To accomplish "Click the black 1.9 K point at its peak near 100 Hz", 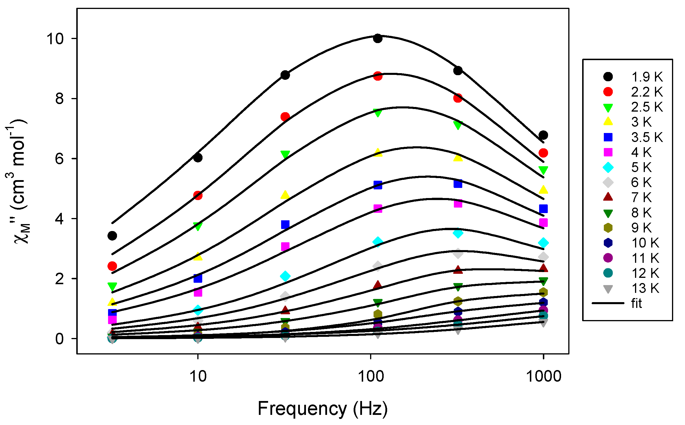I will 378,38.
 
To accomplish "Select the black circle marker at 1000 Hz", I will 543,135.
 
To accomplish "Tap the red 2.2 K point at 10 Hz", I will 198,195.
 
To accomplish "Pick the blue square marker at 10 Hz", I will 198,278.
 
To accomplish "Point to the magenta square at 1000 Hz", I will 543,223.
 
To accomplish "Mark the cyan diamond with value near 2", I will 285,276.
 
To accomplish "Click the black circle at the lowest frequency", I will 112,236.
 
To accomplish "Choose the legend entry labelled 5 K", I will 627,167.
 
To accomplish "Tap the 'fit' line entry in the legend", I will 618,303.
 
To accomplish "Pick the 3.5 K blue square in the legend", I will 608,137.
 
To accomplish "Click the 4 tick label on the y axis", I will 59,219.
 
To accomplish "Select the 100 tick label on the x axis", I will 371,376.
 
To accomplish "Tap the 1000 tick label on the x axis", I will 543,376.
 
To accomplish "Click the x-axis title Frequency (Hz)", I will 322,409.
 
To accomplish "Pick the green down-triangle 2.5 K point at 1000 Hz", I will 543,170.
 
